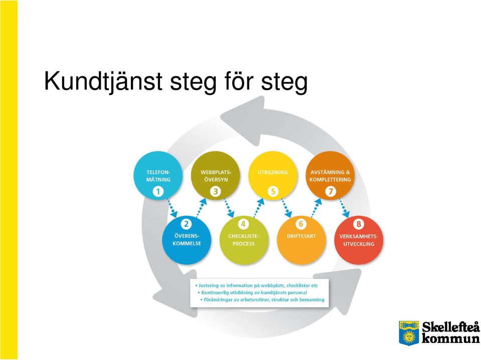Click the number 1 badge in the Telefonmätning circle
point(158,192)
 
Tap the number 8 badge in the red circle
point(358,224)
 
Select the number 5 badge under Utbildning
point(273,192)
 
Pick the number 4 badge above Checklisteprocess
point(243,224)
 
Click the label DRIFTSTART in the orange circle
point(301,236)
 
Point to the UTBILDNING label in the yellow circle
point(273,172)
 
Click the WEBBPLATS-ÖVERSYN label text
point(216,175)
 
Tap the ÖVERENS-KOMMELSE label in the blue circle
point(187,240)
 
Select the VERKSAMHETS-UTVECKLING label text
point(359,240)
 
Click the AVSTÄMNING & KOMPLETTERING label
point(330,175)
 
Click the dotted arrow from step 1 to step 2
point(173,208)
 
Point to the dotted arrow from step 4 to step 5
point(259,208)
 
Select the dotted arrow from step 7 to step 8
point(345,208)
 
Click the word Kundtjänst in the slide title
point(103,81)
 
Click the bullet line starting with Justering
point(257,285)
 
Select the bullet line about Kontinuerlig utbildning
point(252,292)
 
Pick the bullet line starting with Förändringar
point(262,300)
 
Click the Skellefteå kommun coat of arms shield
point(409,333)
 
